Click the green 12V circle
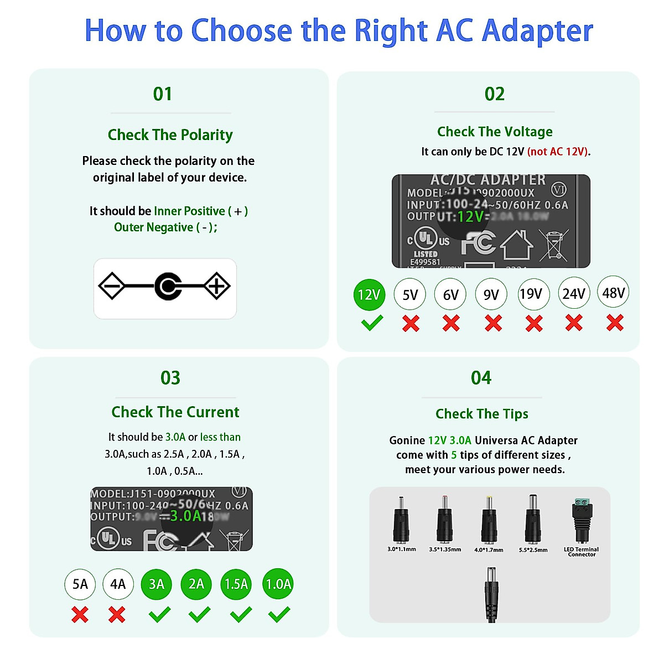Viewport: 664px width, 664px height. (369, 294)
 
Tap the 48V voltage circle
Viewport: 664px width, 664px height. (613, 292)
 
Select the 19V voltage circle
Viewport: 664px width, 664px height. (533, 294)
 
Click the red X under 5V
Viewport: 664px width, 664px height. (411, 323)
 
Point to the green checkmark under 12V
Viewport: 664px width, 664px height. (372, 323)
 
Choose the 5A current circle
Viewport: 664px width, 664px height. (80, 584)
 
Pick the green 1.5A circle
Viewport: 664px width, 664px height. (236, 584)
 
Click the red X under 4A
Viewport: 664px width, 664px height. (117, 615)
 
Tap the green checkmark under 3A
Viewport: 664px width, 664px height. (159, 614)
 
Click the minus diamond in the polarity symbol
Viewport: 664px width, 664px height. (111, 286)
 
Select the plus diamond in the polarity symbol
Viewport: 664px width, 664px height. (216, 286)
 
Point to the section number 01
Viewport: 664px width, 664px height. (163, 94)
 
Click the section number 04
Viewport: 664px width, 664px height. (481, 378)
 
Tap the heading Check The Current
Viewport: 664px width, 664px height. (175, 412)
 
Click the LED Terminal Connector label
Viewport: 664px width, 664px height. (581, 552)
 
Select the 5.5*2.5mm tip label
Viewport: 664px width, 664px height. (533, 550)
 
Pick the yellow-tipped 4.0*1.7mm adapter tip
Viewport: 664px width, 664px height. (489, 521)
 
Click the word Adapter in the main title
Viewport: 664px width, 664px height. (537, 31)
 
